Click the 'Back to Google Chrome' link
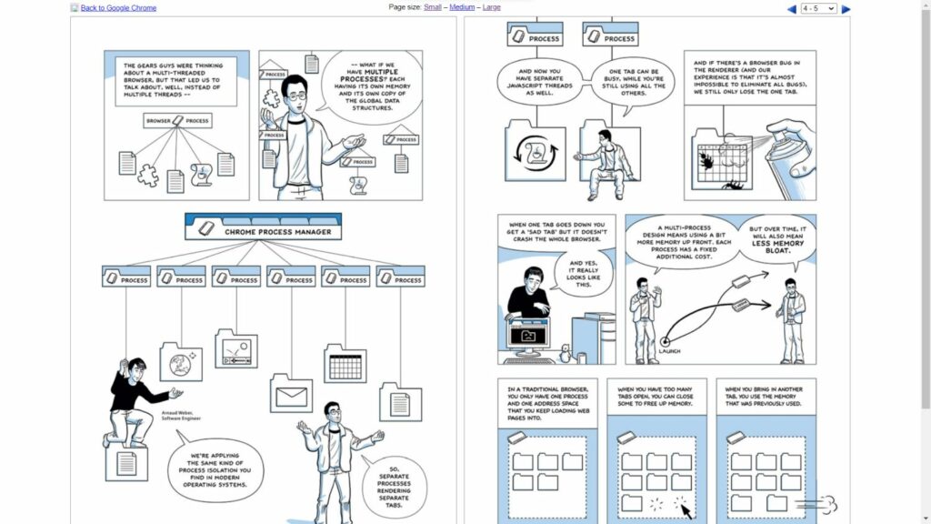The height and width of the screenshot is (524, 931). pos(118,8)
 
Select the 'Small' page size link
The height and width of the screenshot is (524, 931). pos(433,7)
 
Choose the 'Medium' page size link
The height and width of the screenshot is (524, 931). pos(462,7)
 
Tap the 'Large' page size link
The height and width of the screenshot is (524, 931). pos(491,7)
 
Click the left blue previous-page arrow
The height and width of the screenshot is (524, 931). pos(791,9)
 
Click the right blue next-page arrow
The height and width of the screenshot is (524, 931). pos(846,9)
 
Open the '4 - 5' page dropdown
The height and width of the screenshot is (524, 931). pos(818,9)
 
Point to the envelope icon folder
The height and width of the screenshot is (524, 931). pos(291,395)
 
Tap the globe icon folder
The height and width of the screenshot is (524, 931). pos(180,362)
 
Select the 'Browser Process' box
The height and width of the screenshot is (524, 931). pos(178,120)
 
